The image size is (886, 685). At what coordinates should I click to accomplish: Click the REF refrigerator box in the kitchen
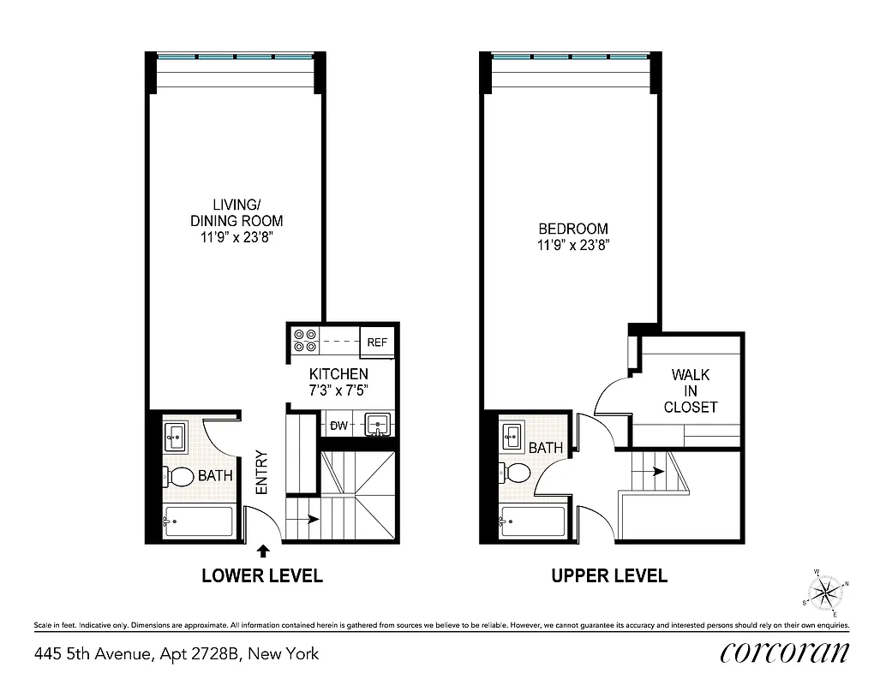(x=377, y=342)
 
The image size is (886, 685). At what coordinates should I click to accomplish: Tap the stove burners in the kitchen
(x=305, y=341)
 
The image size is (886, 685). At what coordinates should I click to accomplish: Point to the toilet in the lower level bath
(x=178, y=476)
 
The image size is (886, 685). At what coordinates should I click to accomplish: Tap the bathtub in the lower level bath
(x=198, y=522)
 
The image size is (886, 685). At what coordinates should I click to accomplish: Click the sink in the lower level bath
(x=176, y=438)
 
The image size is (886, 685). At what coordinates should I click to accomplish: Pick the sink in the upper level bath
(x=513, y=436)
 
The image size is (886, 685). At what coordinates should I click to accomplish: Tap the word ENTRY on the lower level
(x=262, y=473)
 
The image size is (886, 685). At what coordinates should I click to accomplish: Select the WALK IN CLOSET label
(x=690, y=391)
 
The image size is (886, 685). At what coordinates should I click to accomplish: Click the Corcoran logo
(x=784, y=653)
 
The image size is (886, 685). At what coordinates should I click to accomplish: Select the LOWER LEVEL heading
(x=261, y=575)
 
